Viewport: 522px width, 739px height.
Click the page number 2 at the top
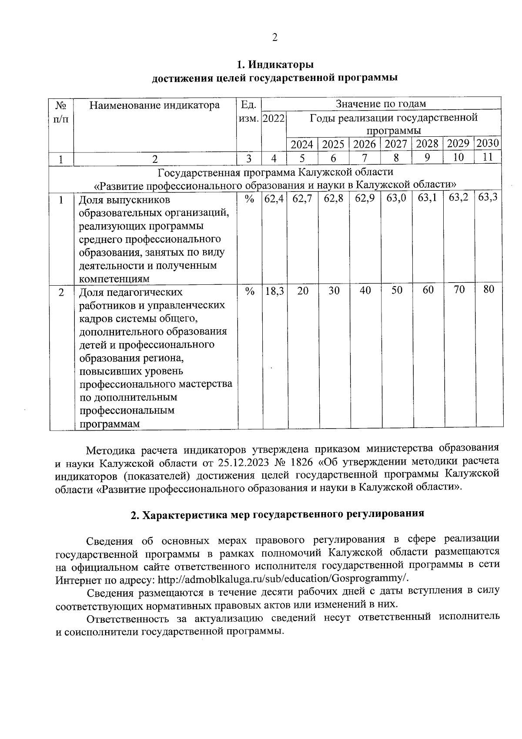[274, 38]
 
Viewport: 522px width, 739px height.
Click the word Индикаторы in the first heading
[281, 65]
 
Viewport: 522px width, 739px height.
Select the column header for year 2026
[364, 144]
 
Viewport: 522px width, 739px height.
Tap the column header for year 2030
[487, 143]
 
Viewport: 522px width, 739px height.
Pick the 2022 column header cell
[274, 118]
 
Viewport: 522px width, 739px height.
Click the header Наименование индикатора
[154, 105]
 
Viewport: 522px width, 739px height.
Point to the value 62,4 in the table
[274, 199]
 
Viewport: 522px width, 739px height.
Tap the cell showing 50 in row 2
[396, 290]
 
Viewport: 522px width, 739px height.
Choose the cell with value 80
[489, 289]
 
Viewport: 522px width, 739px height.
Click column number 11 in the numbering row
[488, 157]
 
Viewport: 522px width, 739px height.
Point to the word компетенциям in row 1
[114, 279]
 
